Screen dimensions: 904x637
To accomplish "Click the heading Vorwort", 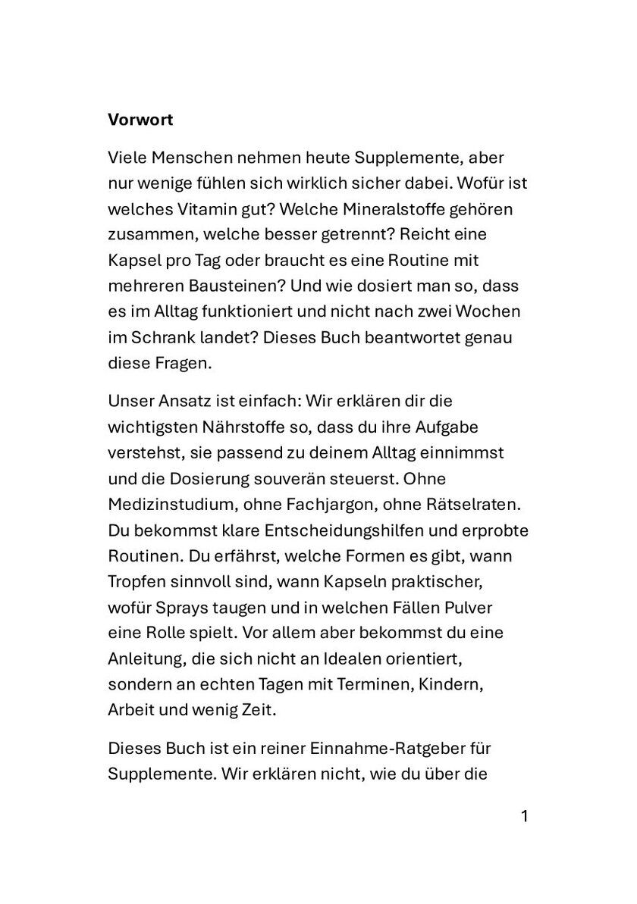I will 141,120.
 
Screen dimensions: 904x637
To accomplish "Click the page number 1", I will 523,816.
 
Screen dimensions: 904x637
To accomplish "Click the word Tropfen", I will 136,582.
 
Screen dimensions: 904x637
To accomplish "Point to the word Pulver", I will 492,608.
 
